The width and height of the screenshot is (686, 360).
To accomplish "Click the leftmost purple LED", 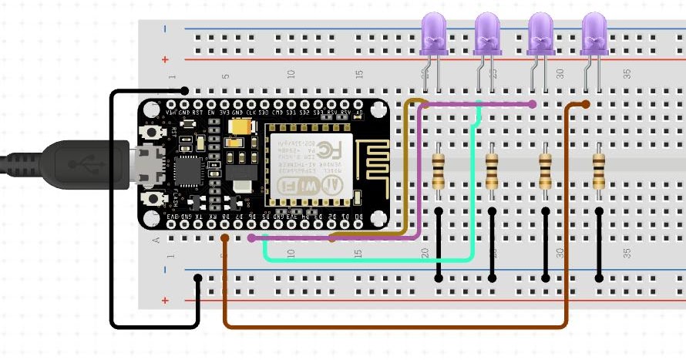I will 432,35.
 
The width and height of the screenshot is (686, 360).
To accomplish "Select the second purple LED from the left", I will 487,35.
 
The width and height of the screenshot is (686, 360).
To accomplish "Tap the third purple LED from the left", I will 541,35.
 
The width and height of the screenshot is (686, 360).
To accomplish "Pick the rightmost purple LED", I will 594,35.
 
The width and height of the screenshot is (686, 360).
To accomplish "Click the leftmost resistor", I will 439,170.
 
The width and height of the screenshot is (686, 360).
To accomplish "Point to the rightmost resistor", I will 599,170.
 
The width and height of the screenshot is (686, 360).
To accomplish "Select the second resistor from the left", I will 492,170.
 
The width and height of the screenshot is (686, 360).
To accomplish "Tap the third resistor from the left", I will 545,170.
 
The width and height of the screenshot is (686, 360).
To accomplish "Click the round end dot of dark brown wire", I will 586,104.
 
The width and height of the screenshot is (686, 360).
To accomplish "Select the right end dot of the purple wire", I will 533,103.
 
